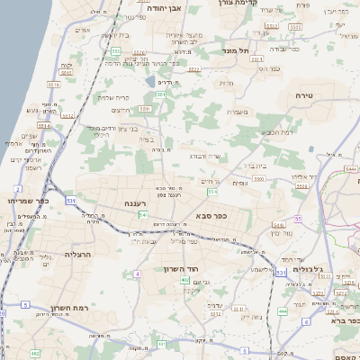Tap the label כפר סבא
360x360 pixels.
209,216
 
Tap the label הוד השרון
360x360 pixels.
181,268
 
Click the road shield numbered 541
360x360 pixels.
143,215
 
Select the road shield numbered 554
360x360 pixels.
211,192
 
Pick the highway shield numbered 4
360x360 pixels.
138,273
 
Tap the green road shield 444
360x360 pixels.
283,310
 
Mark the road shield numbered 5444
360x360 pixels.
351,168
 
